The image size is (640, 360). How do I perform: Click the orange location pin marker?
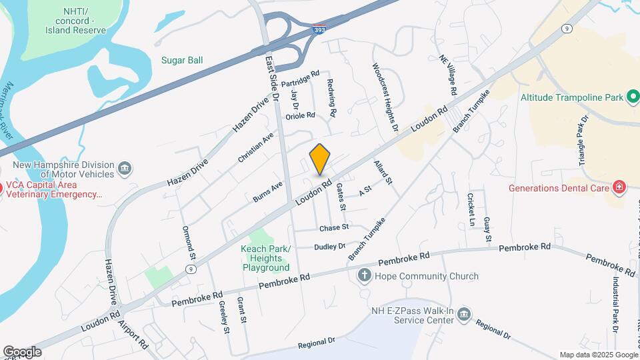pyautogui.click(x=320, y=159)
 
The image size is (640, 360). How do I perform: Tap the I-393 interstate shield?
pyautogui.click(x=319, y=30)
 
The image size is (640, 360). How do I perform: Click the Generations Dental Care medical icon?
pyautogui.click(x=619, y=187)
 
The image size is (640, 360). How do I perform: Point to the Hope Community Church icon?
pyautogui.click(x=364, y=276)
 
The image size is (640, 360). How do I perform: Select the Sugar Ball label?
pyautogui.click(x=182, y=60)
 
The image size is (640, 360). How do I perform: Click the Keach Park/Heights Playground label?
pyautogui.click(x=265, y=258)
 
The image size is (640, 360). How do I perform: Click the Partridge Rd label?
pyautogui.click(x=301, y=79)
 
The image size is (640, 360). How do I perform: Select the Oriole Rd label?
pyautogui.click(x=300, y=115)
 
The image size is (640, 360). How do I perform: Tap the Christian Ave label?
pyautogui.click(x=256, y=147)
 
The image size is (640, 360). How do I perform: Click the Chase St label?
pyautogui.click(x=334, y=227)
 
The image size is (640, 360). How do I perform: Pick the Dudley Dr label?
pyautogui.click(x=330, y=246)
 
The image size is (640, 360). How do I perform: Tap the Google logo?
pyautogui.click(x=21, y=351)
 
